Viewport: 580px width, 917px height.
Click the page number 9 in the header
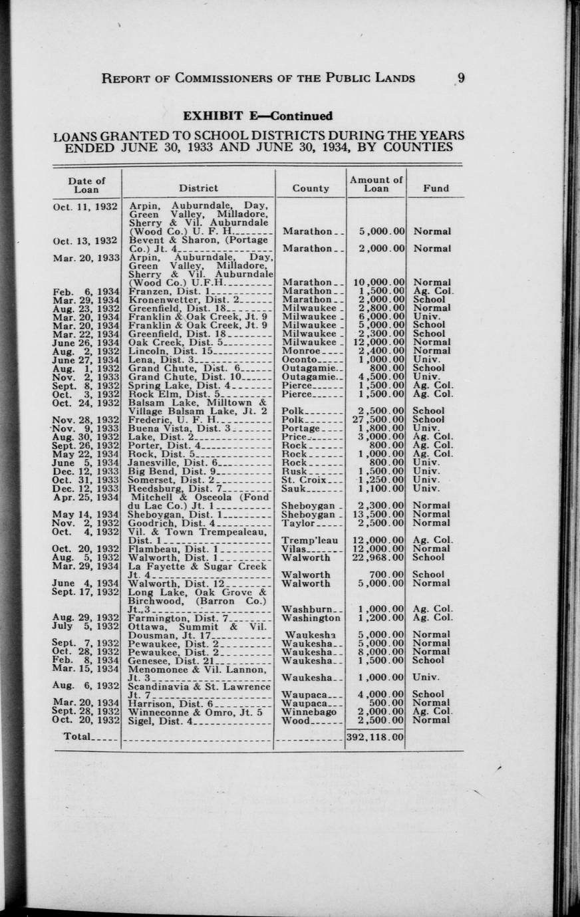[460, 78]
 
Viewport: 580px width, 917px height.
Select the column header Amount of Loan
[376, 184]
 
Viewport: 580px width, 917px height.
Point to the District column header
[198, 188]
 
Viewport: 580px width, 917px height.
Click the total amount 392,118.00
[375, 737]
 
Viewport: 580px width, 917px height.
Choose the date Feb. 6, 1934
[86, 291]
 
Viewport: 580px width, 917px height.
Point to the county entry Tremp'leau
[310, 540]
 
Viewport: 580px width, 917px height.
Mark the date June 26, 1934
[86, 342]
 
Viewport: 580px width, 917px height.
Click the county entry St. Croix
[305, 479]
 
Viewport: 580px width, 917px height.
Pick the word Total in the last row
[77, 737]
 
